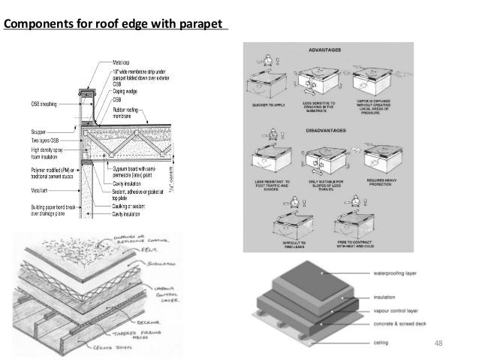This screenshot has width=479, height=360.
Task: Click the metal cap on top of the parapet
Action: coord(87,92)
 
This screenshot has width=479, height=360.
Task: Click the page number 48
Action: coord(439,343)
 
